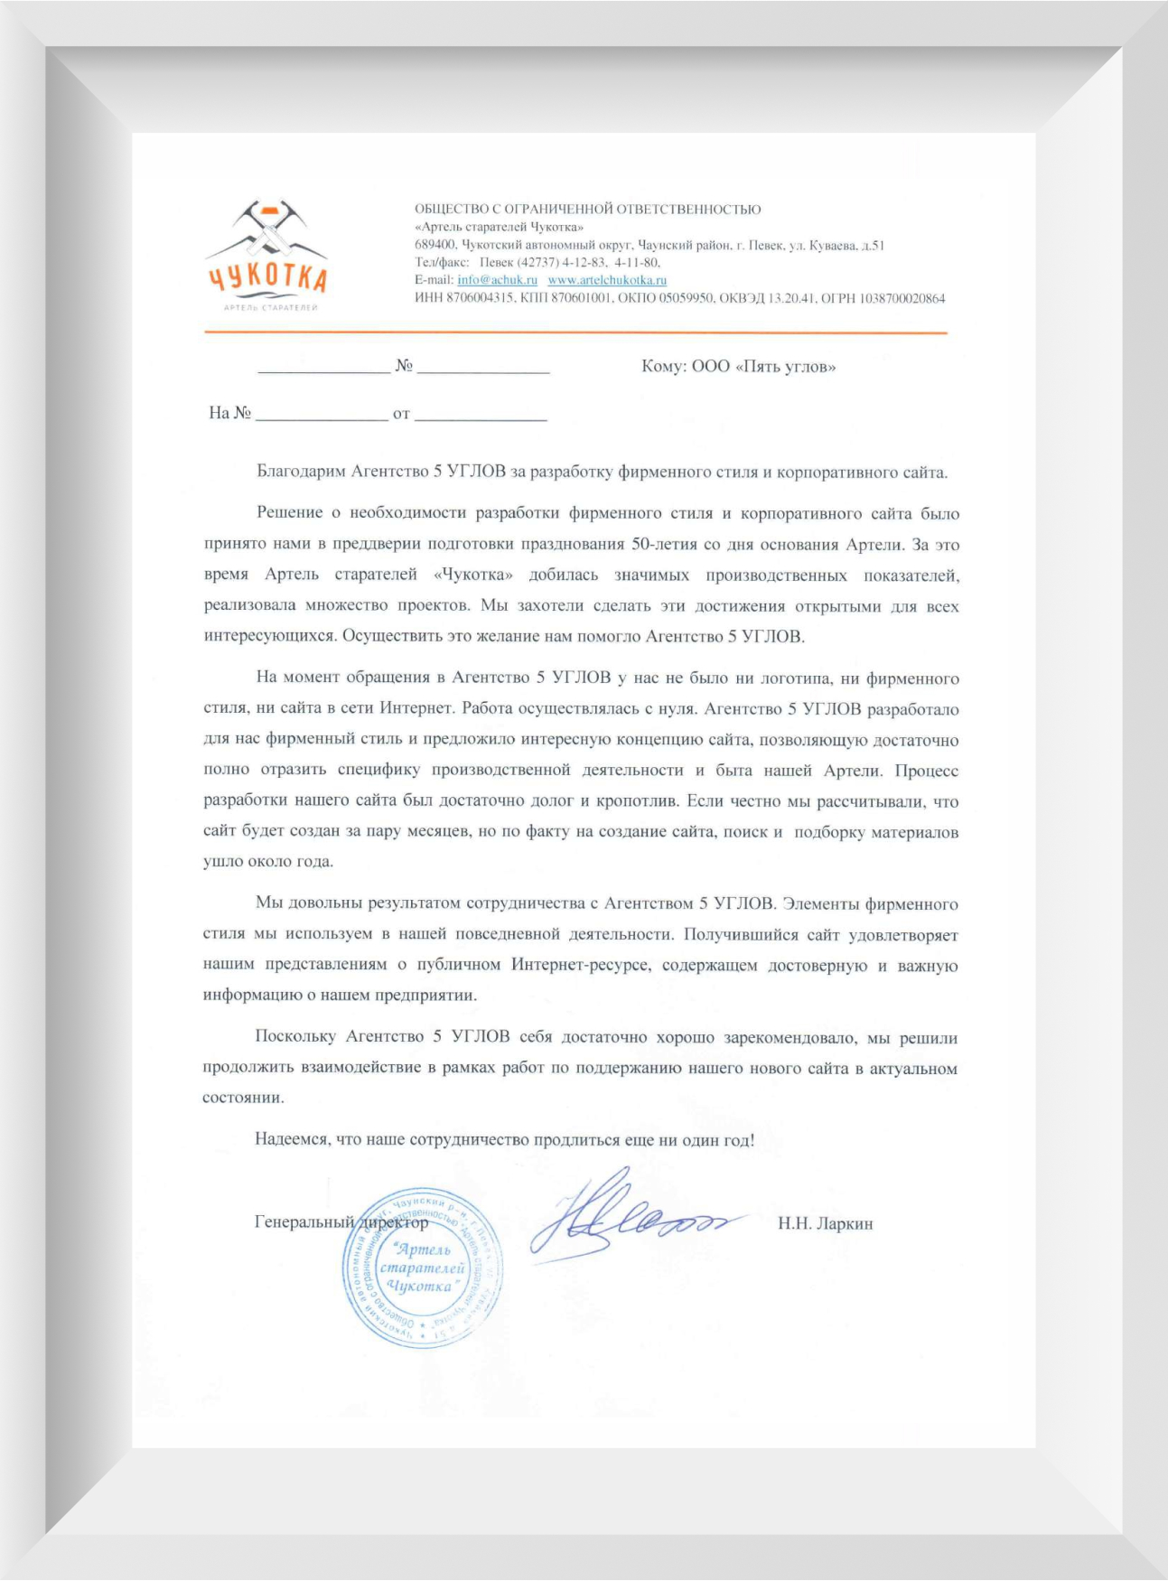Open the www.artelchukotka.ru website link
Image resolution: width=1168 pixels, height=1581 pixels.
point(607,280)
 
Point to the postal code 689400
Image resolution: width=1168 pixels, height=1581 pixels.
point(434,245)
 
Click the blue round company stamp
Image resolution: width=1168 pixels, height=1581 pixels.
point(421,1268)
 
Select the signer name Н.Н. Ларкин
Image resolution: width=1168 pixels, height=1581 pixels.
point(825,1223)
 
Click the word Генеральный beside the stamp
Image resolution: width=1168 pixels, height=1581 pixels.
point(304,1221)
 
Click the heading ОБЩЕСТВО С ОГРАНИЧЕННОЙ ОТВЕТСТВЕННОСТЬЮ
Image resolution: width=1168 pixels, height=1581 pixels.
point(587,209)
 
